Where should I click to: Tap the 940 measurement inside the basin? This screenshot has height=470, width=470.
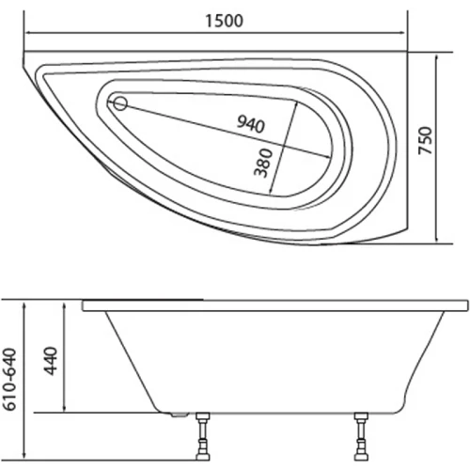(251, 124)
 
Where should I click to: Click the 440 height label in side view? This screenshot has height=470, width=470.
(52, 359)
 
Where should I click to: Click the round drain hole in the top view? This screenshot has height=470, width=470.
(120, 104)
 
